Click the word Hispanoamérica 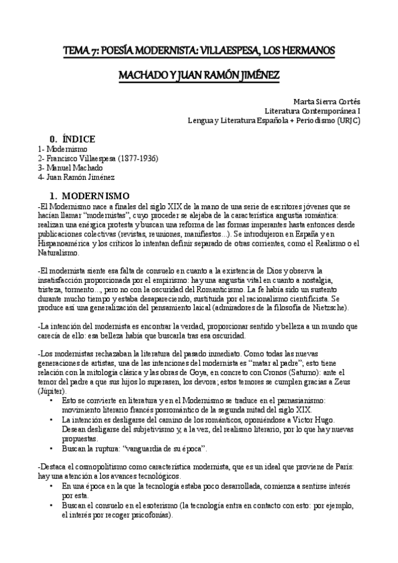(72, 244)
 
